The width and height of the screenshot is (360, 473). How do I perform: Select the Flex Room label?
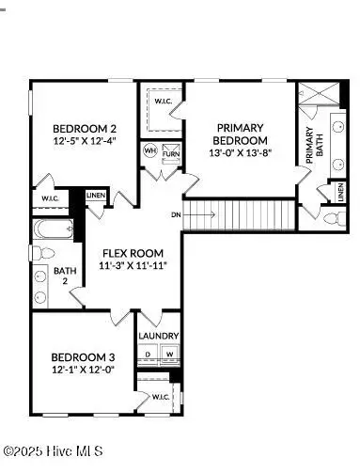click(133, 252)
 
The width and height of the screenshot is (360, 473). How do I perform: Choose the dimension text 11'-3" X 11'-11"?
click(133, 266)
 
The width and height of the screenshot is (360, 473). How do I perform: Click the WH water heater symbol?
click(149, 150)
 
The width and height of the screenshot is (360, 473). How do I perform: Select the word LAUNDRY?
click(158, 335)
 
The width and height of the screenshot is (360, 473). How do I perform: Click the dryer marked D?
click(149, 355)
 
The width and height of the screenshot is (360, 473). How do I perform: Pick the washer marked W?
click(169, 355)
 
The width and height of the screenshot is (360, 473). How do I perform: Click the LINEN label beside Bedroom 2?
click(97, 196)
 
